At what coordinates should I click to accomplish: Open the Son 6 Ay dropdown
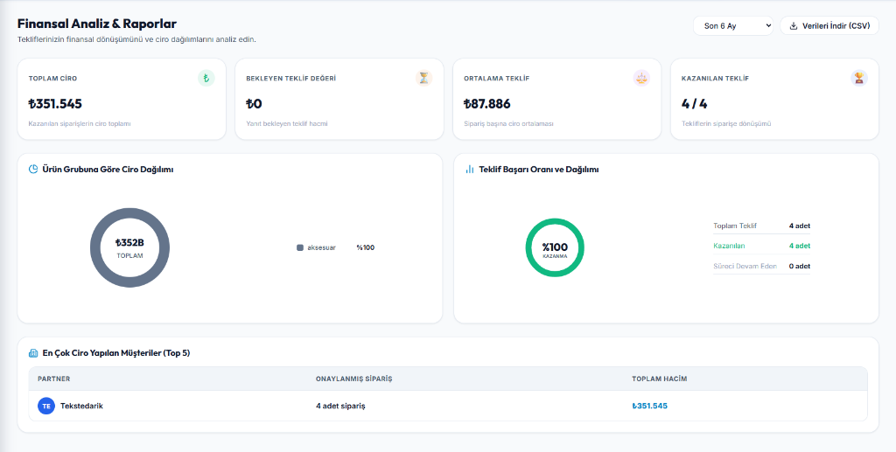tap(733, 25)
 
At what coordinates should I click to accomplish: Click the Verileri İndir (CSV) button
tap(829, 25)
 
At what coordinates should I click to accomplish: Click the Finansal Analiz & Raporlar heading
tap(97, 24)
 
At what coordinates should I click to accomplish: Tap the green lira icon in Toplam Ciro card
tap(206, 78)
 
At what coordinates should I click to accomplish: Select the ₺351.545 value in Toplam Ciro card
tap(55, 104)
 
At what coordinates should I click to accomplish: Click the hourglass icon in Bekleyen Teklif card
tap(423, 78)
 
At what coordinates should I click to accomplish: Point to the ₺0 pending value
tap(254, 104)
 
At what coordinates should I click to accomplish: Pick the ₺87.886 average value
tap(486, 104)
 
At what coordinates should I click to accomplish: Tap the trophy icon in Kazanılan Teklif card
tap(859, 78)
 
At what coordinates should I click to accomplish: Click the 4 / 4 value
tap(694, 104)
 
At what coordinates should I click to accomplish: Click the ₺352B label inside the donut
tap(129, 242)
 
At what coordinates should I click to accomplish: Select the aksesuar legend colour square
tap(300, 247)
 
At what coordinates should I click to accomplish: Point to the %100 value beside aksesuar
tap(366, 247)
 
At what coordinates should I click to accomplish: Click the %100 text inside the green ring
tap(555, 247)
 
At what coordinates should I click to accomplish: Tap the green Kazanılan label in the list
tap(729, 246)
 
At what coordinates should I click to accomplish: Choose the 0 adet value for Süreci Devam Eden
tap(800, 266)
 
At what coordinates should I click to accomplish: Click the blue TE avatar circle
tap(46, 406)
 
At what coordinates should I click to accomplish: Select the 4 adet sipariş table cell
tap(340, 406)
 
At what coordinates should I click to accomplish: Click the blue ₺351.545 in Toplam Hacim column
tap(650, 406)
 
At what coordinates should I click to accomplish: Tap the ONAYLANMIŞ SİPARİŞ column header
tap(353, 379)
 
